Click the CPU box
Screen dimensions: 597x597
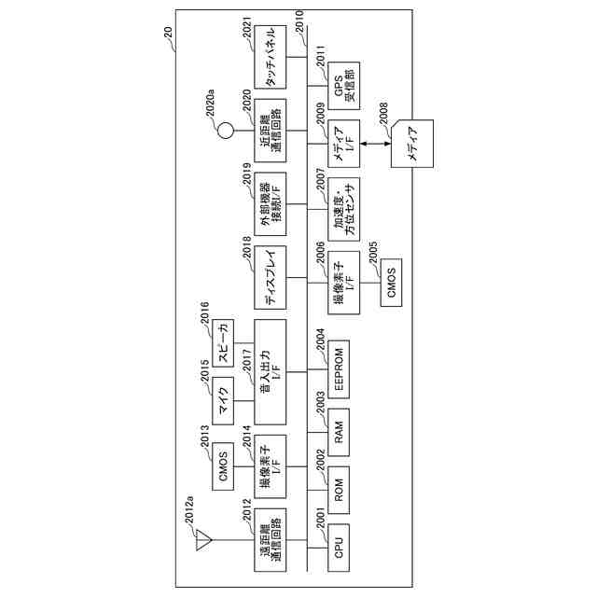[340, 543]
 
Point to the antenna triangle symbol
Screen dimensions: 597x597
[201, 540]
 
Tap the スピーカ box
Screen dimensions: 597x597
[222, 341]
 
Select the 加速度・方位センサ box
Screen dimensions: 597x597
[340, 212]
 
